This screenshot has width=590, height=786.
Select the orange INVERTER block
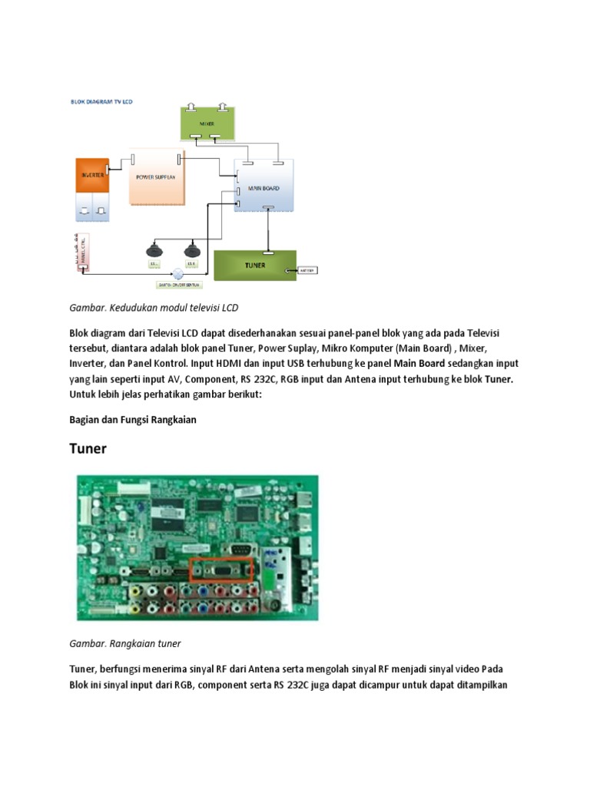(92, 176)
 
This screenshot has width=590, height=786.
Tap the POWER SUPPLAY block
(156, 177)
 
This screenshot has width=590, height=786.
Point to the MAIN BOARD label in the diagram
(264, 189)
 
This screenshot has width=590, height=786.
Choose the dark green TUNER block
(254, 266)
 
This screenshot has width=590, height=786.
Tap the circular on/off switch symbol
(179, 272)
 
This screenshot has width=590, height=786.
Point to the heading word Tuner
(88, 449)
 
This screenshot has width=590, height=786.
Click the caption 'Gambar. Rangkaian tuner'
(124, 642)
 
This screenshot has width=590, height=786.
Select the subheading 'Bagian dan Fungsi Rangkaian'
(134, 419)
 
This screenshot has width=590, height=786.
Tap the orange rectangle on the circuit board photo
(222, 569)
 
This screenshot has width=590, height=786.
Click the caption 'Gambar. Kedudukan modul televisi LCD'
(154, 308)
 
